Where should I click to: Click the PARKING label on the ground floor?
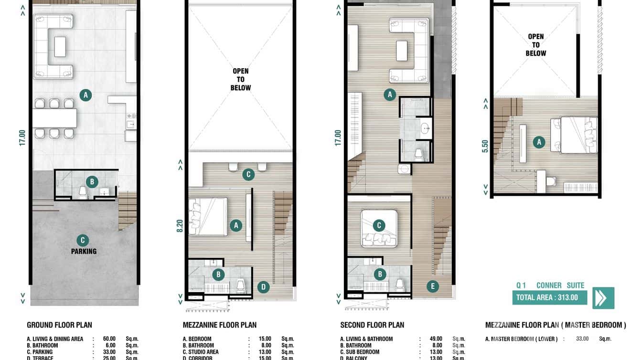(x=84, y=251)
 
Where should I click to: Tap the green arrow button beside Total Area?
(x=603, y=298)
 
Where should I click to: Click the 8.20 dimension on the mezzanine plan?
(x=180, y=225)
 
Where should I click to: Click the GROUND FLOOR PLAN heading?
(x=59, y=325)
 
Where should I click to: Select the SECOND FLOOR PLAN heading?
(x=372, y=325)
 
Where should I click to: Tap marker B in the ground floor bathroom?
(x=92, y=181)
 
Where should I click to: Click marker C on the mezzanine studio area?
(x=248, y=175)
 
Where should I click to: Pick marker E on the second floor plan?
(x=432, y=286)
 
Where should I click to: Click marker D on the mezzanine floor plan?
(x=263, y=287)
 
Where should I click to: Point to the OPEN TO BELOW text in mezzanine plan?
(x=240, y=79)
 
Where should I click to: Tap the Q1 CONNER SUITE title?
(x=550, y=286)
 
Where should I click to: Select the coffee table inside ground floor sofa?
(x=60, y=47)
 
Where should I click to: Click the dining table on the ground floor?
(x=54, y=118)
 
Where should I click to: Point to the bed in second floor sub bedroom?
(x=379, y=228)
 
